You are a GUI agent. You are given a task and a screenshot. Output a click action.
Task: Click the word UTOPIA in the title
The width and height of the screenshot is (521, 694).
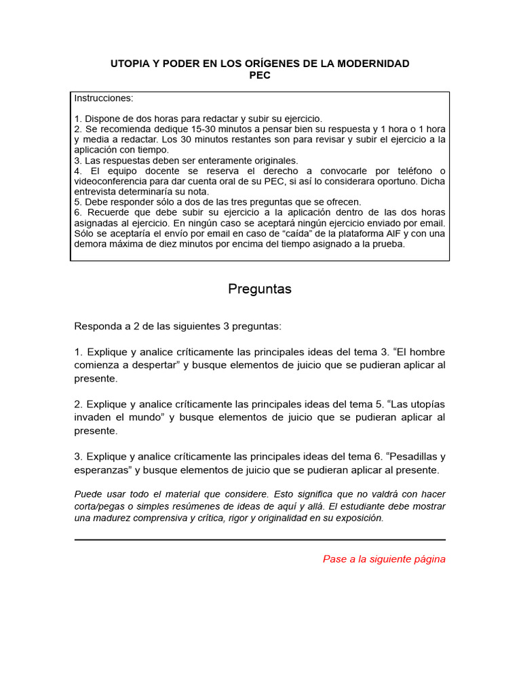(130, 64)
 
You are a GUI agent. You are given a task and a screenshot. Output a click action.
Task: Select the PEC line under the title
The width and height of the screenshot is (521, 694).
(260, 75)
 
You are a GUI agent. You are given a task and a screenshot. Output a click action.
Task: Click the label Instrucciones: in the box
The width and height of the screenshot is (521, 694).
(104, 98)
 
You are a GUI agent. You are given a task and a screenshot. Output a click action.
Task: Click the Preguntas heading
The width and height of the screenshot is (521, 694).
(260, 289)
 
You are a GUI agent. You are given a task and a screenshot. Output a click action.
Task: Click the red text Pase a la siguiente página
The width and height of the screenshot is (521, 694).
(384, 559)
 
